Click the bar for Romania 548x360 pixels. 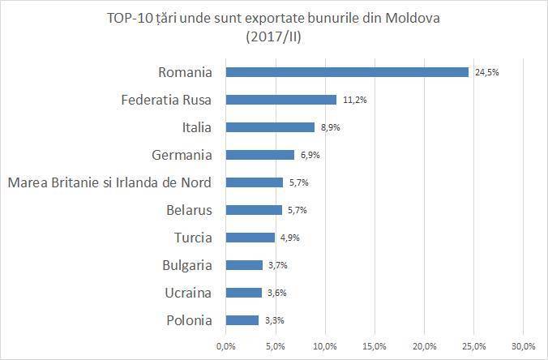point(347,72)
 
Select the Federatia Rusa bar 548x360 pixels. point(280,100)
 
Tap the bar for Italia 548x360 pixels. point(269,127)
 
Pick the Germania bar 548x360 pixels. point(259,155)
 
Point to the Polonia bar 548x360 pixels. point(242,320)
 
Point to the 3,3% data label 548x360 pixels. point(275,320)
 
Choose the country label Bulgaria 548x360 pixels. point(187,265)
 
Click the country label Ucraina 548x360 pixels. point(189,293)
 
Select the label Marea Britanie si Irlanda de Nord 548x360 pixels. point(109,182)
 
